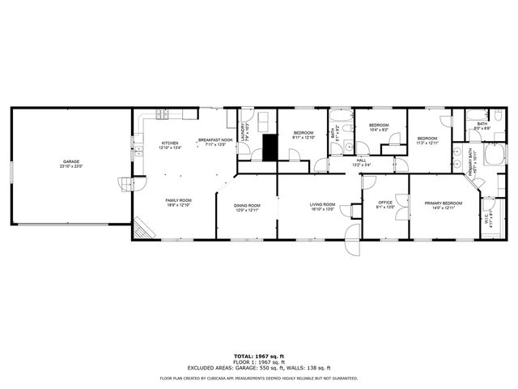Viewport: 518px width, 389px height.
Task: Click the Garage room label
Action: coord(72,164)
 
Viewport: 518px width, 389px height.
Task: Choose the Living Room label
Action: coord(322,207)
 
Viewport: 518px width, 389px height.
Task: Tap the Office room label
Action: coord(385,205)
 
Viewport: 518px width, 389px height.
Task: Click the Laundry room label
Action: coord(243,130)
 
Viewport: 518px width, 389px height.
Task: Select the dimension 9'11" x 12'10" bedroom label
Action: coord(304,135)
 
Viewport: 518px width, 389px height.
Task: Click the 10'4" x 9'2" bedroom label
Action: coord(379,127)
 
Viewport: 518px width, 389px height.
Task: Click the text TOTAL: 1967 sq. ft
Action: coord(258,356)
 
